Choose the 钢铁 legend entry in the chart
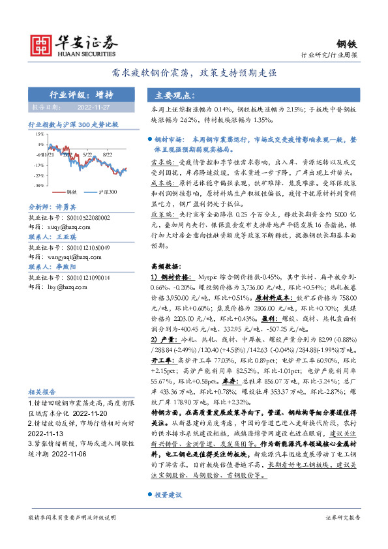(72, 192)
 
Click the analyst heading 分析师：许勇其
(53, 206)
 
